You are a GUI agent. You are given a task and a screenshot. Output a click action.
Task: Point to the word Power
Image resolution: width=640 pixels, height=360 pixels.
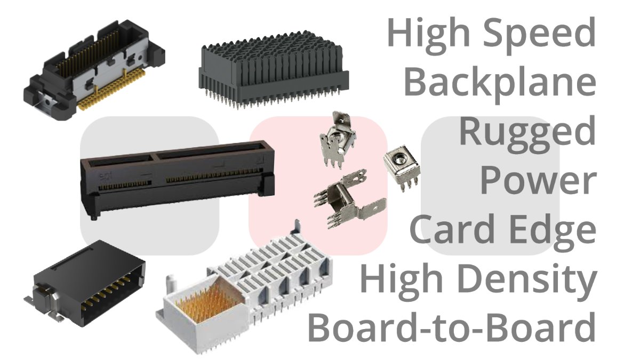pyautogui.click(x=538, y=181)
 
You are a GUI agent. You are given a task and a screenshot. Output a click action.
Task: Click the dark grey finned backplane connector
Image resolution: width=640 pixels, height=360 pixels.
pyautogui.click(x=274, y=70)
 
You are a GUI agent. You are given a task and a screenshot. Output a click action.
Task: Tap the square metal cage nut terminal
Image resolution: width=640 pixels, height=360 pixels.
pyautogui.click(x=401, y=166)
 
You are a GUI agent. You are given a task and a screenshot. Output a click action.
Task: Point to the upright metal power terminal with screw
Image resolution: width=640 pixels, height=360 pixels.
pyautogui.click(x=338, y=139)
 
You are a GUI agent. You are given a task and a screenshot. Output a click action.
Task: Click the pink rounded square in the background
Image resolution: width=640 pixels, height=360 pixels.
pyautogui.click(x=318, y=185)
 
